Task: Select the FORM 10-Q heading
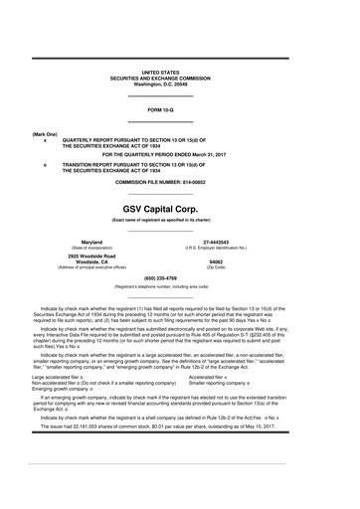pyautogui.click(x=181, y=108)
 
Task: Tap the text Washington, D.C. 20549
pyautogui.click(x=181, y=84)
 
